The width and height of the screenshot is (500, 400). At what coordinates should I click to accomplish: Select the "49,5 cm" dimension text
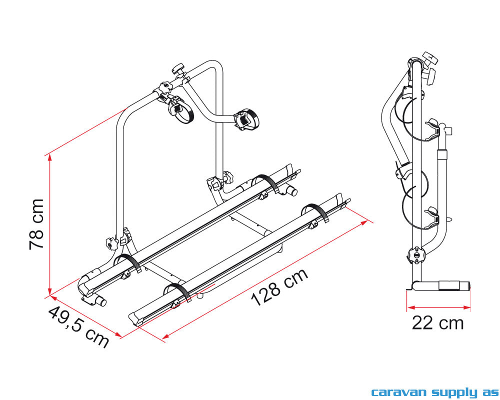click(x=78, y=327)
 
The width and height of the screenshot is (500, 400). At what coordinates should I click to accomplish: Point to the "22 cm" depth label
click(x=438, y=323)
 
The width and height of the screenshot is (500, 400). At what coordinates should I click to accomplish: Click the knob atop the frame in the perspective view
click(x=177, y=69)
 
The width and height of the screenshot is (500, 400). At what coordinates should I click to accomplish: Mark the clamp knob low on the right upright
click(x=228, y=177)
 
